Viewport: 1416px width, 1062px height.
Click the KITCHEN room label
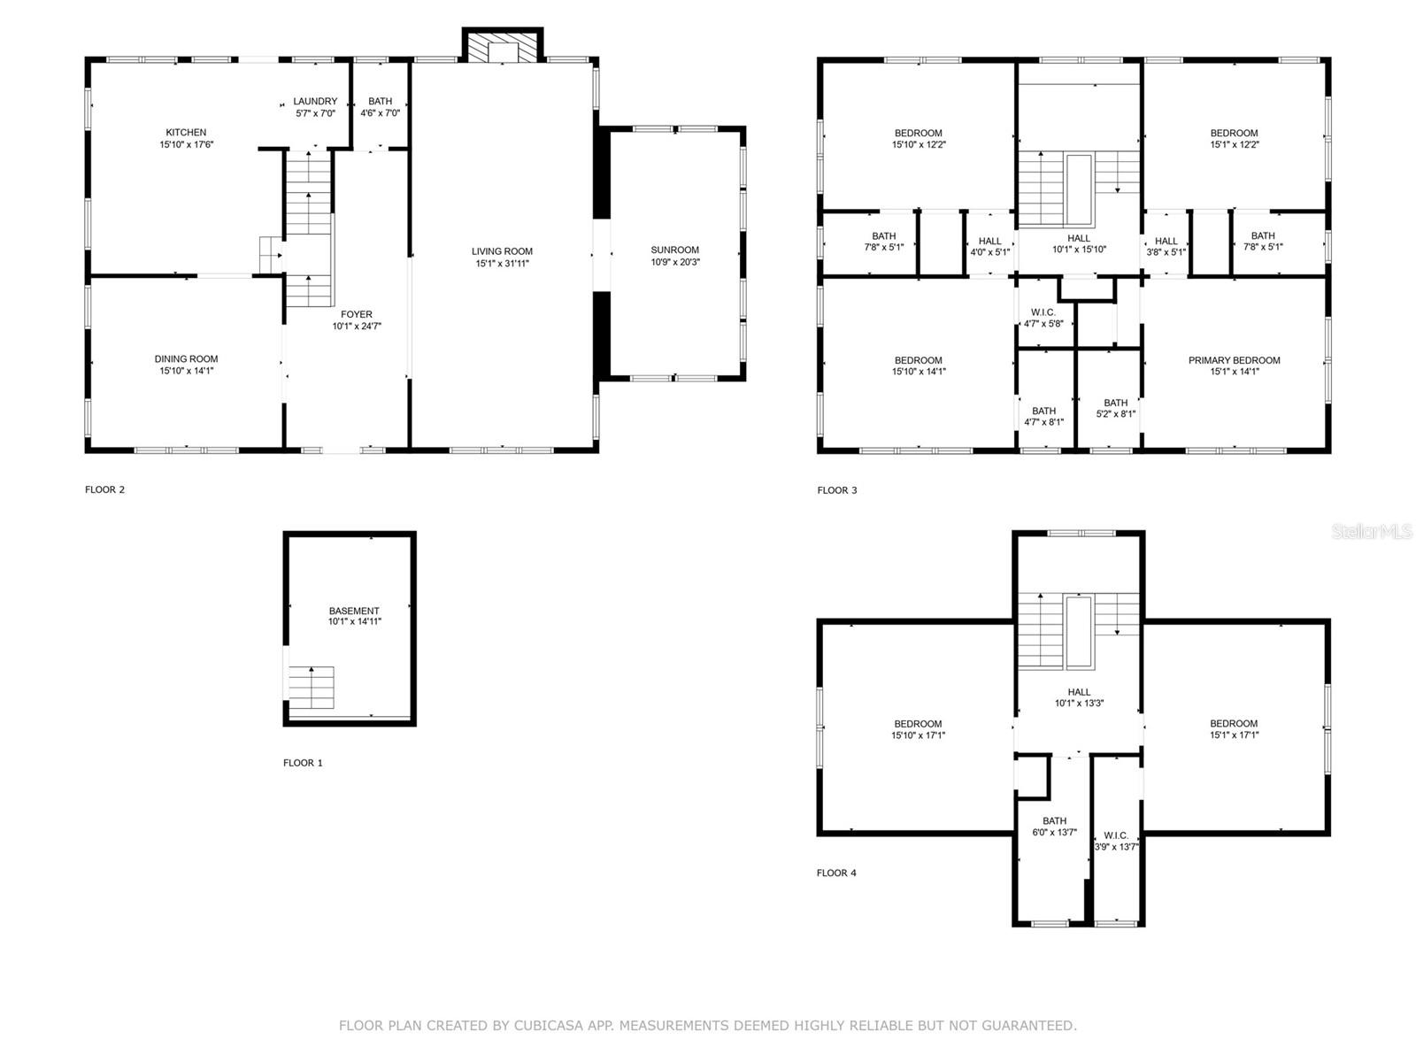coord(186,132)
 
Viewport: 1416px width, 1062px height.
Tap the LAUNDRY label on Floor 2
coord(315,101)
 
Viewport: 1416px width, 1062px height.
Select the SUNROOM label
coord(674,250)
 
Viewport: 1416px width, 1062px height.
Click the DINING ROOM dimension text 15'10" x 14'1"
coord(187,371)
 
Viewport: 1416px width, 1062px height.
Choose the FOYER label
coord(356,315)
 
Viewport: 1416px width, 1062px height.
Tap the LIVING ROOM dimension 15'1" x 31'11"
coord(502,263)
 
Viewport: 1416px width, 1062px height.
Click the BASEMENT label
coord(354,611)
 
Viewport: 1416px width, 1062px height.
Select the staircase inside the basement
coord(312,688)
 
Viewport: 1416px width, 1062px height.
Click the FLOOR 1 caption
coord(303,763)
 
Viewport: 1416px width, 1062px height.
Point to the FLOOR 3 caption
coord(836,490)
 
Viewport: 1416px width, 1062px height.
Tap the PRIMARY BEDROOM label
coord(1234,360)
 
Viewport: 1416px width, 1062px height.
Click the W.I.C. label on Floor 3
coord(1043,312)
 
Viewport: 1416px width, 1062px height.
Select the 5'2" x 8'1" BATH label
coord(1115,408)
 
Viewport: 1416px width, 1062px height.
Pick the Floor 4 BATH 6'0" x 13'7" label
coord(1054,827)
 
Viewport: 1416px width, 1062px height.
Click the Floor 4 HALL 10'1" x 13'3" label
coord(1079,697)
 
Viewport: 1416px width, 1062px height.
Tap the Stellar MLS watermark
coord(1372,531)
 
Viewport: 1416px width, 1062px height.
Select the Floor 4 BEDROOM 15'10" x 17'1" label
coord(918,729)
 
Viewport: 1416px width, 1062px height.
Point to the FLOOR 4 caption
coord(836,873)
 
